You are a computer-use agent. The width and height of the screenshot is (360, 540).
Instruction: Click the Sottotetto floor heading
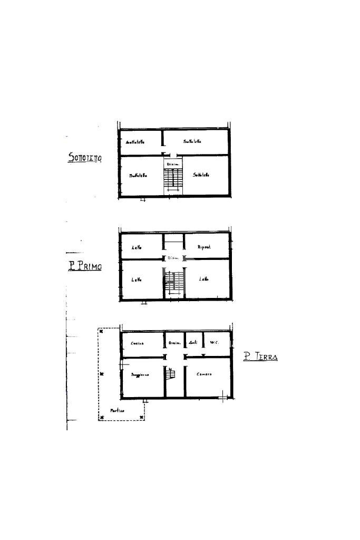click(x=85, y=157)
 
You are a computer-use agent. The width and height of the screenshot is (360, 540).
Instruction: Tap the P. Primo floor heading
click(x=84, y=266)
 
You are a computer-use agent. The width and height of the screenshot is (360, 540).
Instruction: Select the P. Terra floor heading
click(x=260, y=357)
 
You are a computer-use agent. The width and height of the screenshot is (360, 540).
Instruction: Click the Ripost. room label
click(x=204, y=247)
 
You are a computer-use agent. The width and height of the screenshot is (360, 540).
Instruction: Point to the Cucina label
click(x=137, y=343)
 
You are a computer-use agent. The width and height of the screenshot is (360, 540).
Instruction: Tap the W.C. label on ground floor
click(x=214, y=343)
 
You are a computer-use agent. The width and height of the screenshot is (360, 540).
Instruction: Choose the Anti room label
click(x=193, y=343)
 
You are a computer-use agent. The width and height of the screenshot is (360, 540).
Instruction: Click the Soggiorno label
click(x=140, y=374)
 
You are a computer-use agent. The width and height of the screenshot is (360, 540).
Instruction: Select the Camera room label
click(x=204, y=374)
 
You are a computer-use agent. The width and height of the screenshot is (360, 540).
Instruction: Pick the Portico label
click(x=117, y=410)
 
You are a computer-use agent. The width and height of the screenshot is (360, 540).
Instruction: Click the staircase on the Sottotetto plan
click(x=173, y=181)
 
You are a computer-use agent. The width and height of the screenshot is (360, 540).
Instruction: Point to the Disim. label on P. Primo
click(x=173, y=258)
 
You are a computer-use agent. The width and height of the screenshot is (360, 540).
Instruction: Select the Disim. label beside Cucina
click(x=174, y=343)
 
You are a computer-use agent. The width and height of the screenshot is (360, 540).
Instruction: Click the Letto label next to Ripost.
click(x=136, y=247)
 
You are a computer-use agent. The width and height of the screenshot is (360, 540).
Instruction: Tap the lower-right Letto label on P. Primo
click(x=203, y=279)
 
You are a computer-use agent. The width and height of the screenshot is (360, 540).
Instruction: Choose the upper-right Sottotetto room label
click(x=192, y=141)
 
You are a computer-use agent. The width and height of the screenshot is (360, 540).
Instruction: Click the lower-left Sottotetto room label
click(x=138, y=175)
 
